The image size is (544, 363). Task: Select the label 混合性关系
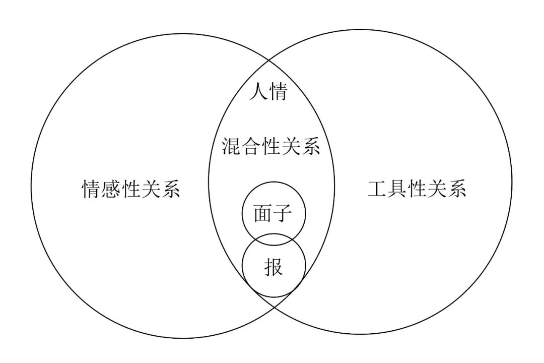pyautogui.click(x=271, y=147)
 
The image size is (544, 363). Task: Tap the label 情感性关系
pyautogui.click(x=131, y=189)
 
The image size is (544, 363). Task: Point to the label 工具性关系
pyautogui.click(x=417, y=188)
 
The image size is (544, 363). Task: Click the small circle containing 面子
pyautogui.click(x=273, y=204)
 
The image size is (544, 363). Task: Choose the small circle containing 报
pyautogui.click(x=274, y=275)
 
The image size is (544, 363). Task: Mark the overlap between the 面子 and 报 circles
pyautogui.click(x=274, y=239)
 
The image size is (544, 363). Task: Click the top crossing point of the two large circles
pyautogui.click(x=271, y=60)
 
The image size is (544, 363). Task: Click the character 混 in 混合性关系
pyautogui.click(x=231, y=147)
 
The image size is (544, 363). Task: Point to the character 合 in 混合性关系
pyautogui.click(x=251, y=147)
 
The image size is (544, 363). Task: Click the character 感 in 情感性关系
pyautogui.click(x=111, y=189)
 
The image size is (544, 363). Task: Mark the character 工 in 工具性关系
pyautogui.click(x=377, y=188)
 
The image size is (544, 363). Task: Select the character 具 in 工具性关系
pyautogui.click(x=397, y=188)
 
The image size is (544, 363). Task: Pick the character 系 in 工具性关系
pyautogui.click(x=457, y=188)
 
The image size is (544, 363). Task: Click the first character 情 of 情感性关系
pyautogui.click(x=91, y=189)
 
